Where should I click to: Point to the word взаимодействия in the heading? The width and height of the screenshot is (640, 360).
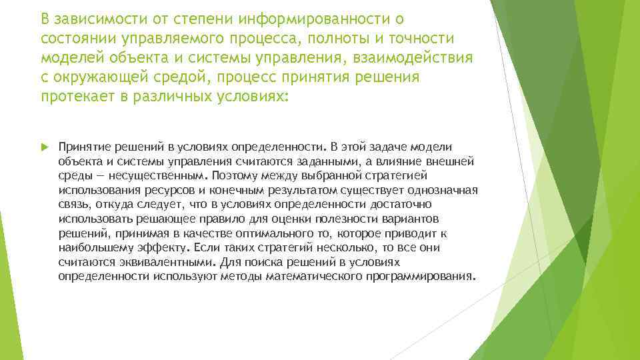(x=410, y=57)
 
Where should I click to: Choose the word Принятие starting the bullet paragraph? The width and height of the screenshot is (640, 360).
(x=82, y=146)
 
